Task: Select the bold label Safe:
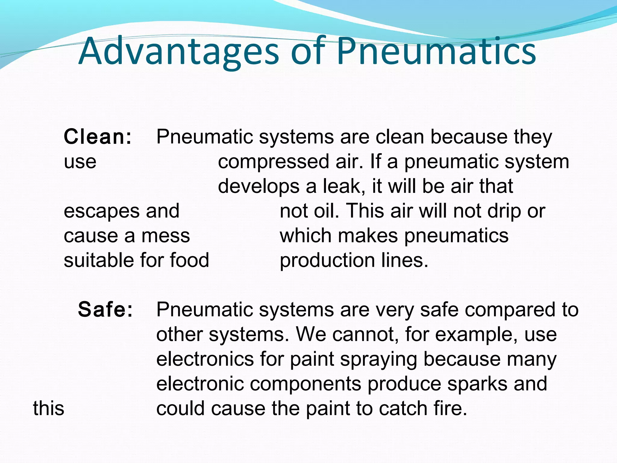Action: click(105, 310)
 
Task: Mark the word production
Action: click(327, 260)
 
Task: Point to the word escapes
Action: click(102, 211)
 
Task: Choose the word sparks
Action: click(477, 384)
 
